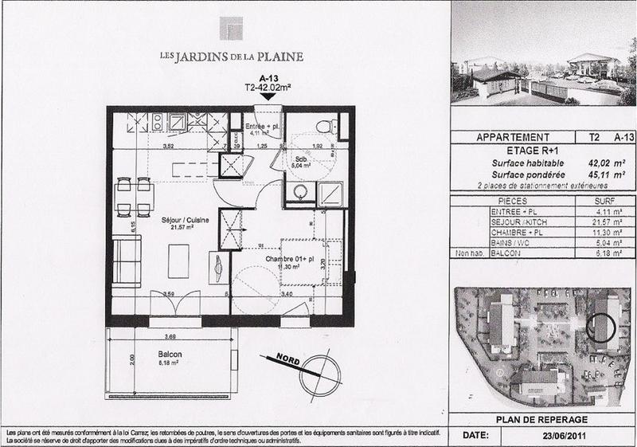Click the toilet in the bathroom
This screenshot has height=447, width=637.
point(322,127)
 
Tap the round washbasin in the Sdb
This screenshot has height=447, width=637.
point(299,192)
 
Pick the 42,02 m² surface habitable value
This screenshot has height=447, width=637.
point(585,161)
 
